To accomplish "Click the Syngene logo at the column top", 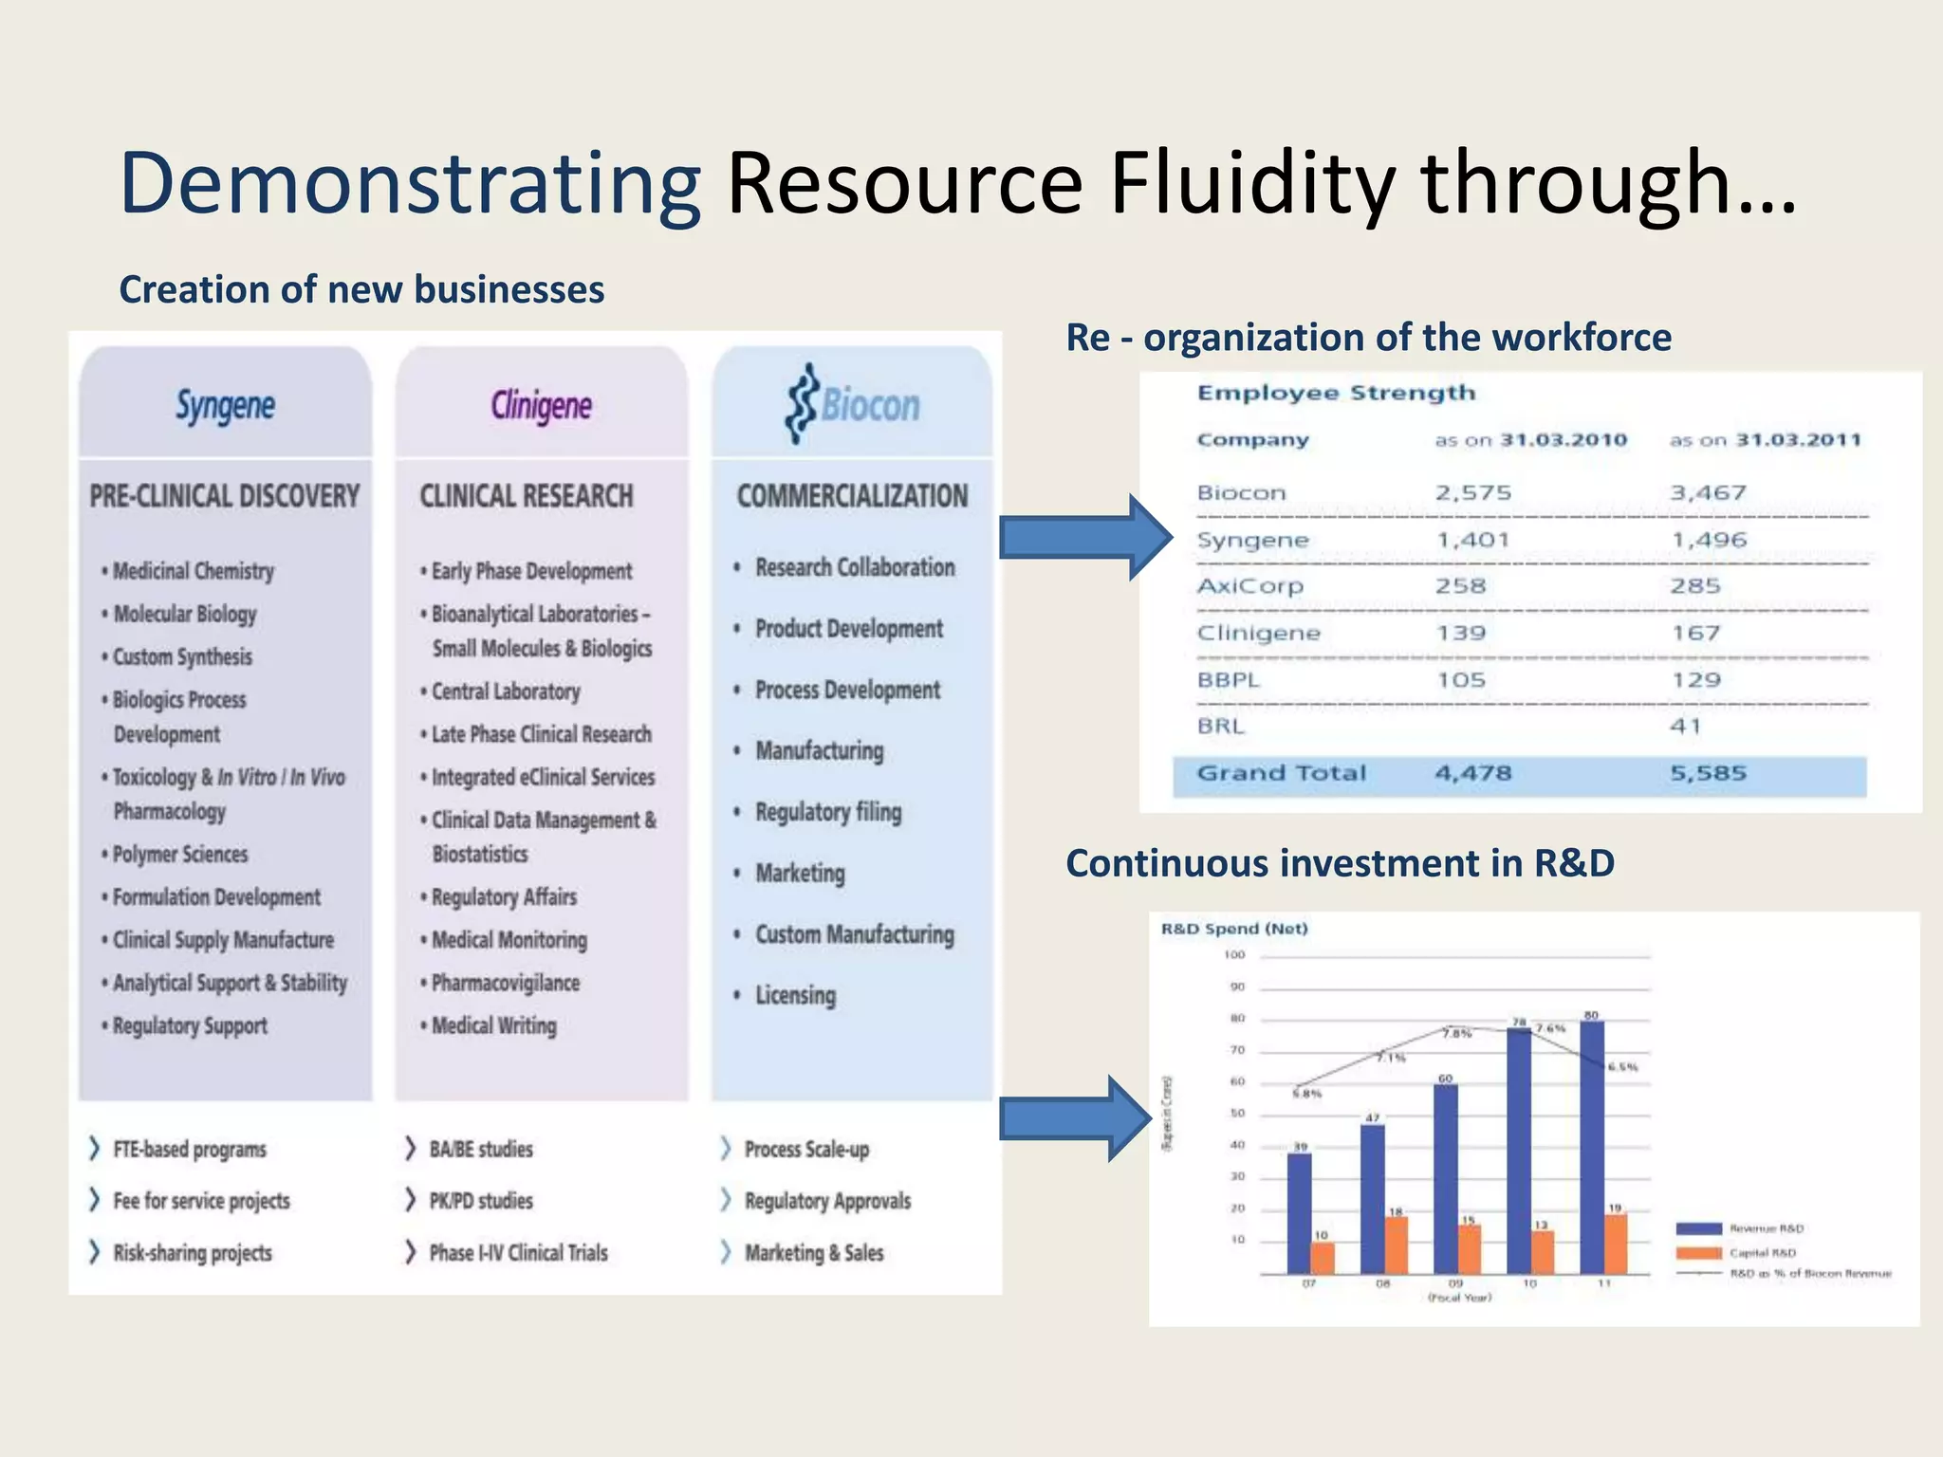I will click(x=225, y=406).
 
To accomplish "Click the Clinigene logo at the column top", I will click(x=541, y=406).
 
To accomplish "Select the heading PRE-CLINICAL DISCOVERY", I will click(x=225, y=496).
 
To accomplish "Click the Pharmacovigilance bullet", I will click(x=505, y=983).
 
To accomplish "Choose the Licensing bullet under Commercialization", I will click(x=795, y=995).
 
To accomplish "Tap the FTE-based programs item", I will click(x=189, y=1149).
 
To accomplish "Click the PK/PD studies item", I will click(x=480, y=1201).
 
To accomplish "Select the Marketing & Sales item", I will click(x=813, y=1253).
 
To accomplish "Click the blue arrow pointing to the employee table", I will click(x=1085, y=538).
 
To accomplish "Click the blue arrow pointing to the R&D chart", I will click(x=1076, y=1119).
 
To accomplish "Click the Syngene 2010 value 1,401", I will click(x=1472, y=540).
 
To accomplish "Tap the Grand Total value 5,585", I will click(x=1708, y=773).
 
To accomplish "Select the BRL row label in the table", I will click(x=1220, y=727).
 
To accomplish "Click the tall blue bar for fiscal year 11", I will click(x=1592, y=1148).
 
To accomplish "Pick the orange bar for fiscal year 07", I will click(x=1322, y=1258).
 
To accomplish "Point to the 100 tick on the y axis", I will click(x=1234, y=955).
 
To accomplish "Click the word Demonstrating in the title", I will click(x=410, y=183).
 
